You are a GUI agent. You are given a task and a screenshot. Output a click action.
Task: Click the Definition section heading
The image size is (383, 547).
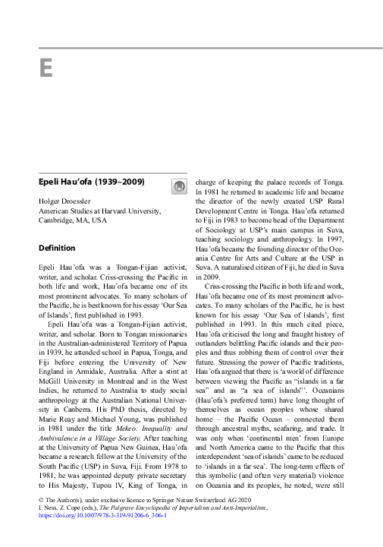pos(57,248)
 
